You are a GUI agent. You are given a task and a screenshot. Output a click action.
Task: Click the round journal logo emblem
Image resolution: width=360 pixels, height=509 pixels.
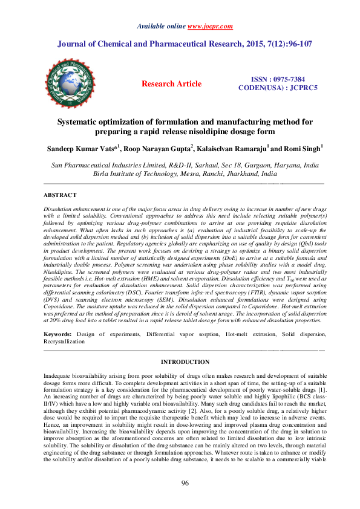coord(70,84)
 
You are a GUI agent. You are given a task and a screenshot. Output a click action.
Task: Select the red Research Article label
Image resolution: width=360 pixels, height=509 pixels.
coord(171,84)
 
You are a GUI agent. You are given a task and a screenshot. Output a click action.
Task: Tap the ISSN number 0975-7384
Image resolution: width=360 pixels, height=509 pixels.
coord(287,79)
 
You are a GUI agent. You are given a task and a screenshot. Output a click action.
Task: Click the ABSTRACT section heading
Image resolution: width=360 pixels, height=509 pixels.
coord(60,195)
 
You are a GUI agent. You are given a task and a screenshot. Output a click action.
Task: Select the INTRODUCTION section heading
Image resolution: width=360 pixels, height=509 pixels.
coord(185,361)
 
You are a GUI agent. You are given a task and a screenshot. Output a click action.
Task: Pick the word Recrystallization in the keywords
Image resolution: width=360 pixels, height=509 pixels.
coord(65,342)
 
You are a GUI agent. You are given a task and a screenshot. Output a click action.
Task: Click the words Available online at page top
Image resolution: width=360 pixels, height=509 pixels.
coord(162,27)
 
